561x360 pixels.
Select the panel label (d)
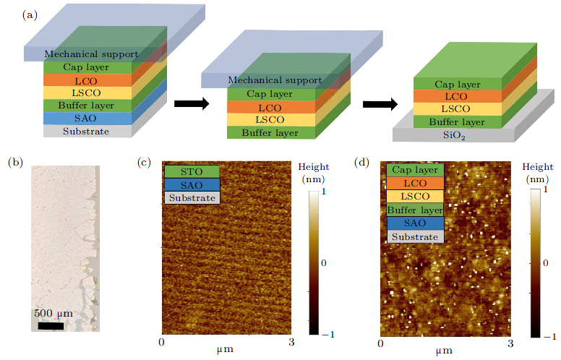click(362, 163)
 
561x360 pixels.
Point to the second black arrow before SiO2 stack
click(378, 103)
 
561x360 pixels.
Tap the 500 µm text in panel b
click(52, 314)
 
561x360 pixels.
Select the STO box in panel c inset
click(191, 172)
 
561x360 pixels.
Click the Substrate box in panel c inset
click(191, 197)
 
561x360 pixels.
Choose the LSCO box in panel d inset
click(415, 197)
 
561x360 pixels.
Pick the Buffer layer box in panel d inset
click(415, 210)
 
